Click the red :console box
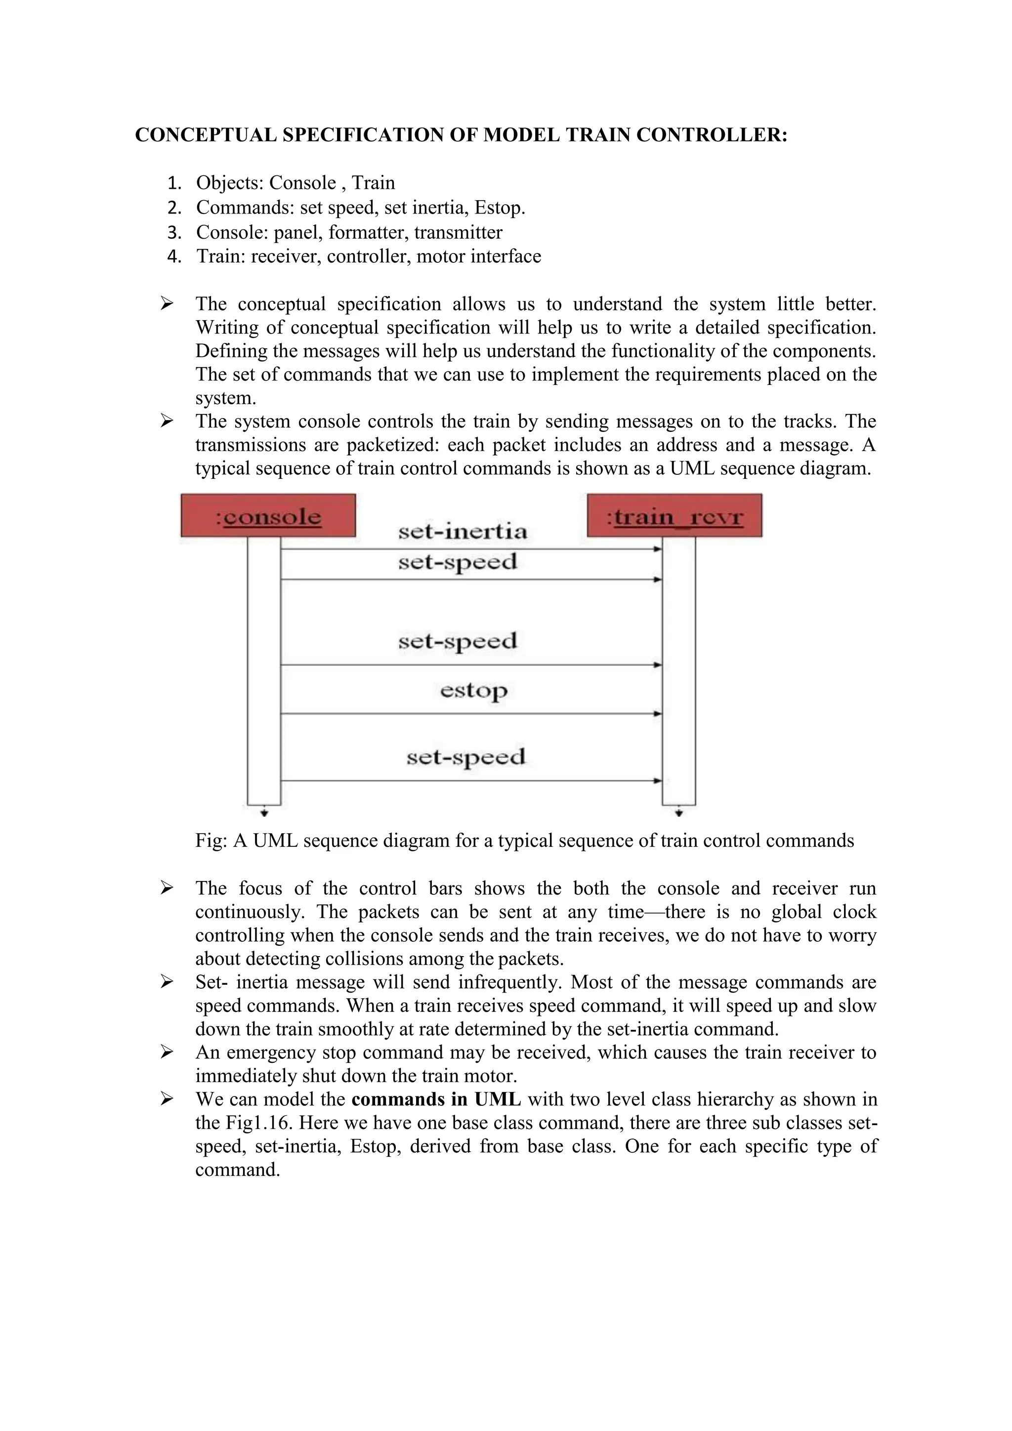pyautogui.click(x=268, y=515)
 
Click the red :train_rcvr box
pyautogui.click(x=674, y=515)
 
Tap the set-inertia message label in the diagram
pyautogui.click(x=463, y=531)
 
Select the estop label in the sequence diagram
pyautogui.click(x=473, y=691)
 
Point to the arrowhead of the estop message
pyautogui.click(x=657, y=714)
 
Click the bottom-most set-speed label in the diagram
pyautogui.click(x=466, y=758)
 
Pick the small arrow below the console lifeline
pyautogui.click(x=264, y=813)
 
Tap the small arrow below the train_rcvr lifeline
pyautogui.click(x=679, y=813)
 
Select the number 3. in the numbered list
pyautogui.click(x=174, y=232)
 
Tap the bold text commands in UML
pyautogui.click(x=436, y=1099)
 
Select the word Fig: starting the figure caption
pyautogui.click(x=211, y=841)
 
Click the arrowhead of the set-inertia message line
pyautogui.click(x=657, y=549)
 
